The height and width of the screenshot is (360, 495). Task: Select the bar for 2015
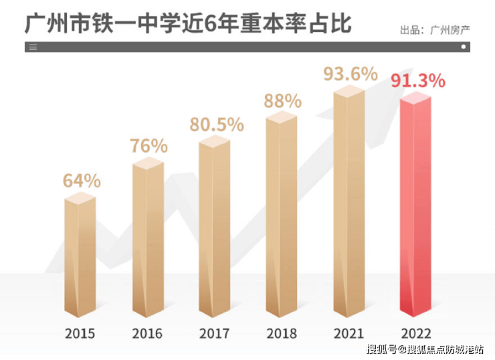click(80, 258)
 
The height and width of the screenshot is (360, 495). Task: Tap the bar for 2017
click(215, 228)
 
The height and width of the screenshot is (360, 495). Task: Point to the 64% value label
click(82, 180)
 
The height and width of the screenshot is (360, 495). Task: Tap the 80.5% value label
click(215, 125)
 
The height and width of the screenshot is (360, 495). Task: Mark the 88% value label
click(282, 101)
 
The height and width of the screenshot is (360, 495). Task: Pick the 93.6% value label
click(350, 74)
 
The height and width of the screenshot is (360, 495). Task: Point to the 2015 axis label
click(80, 333)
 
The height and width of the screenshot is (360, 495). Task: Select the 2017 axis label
click(215, 333)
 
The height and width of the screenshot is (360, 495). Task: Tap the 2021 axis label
click(349, 333)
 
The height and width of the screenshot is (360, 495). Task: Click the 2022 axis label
click(416, 333)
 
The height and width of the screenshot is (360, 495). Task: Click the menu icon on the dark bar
click(33, 47)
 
